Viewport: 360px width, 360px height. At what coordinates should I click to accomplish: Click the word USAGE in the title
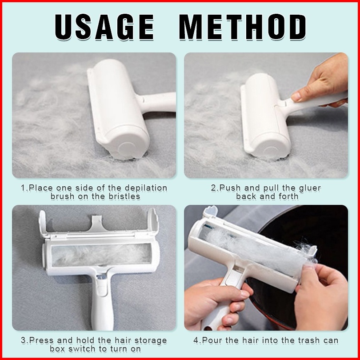pos(104,27)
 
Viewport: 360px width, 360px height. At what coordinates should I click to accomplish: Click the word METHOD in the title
pos(243,27)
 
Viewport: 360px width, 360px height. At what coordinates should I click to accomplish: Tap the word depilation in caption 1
pos(146,188)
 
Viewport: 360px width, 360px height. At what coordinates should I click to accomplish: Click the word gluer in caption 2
pos(310,188)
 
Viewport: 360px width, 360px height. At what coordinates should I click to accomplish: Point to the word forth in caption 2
pos(288,196)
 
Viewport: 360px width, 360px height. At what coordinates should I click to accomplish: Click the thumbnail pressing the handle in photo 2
pos(296,97)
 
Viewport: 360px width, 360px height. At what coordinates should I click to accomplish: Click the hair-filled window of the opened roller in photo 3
pos(101,255)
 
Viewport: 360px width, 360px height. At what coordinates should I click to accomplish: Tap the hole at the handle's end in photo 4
pos(208,328)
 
